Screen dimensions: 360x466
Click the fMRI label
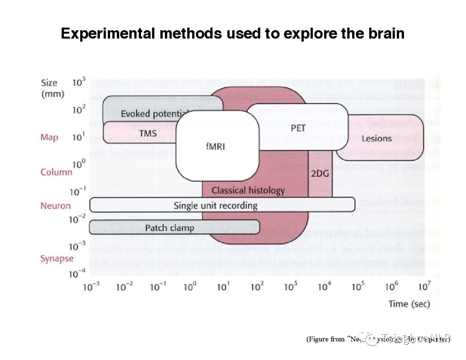pos(216,146)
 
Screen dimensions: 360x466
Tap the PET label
pos(298,128)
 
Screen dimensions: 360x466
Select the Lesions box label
pos(377,138)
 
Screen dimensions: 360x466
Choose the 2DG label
pos(320,173)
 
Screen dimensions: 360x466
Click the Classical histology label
pos(248,190)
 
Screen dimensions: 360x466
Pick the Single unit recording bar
pos(215,205)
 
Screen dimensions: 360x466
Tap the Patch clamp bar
pos(169,228)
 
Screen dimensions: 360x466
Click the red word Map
pos(49,138)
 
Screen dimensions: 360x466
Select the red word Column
pos(57,172)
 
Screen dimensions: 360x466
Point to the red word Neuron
pos(56,205)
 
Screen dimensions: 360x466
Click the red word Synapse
pos(57,259)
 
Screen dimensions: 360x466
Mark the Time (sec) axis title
pos(409,304)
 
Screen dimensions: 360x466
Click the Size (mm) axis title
pos(52,88)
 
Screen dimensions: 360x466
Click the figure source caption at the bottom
pos(378,339)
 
